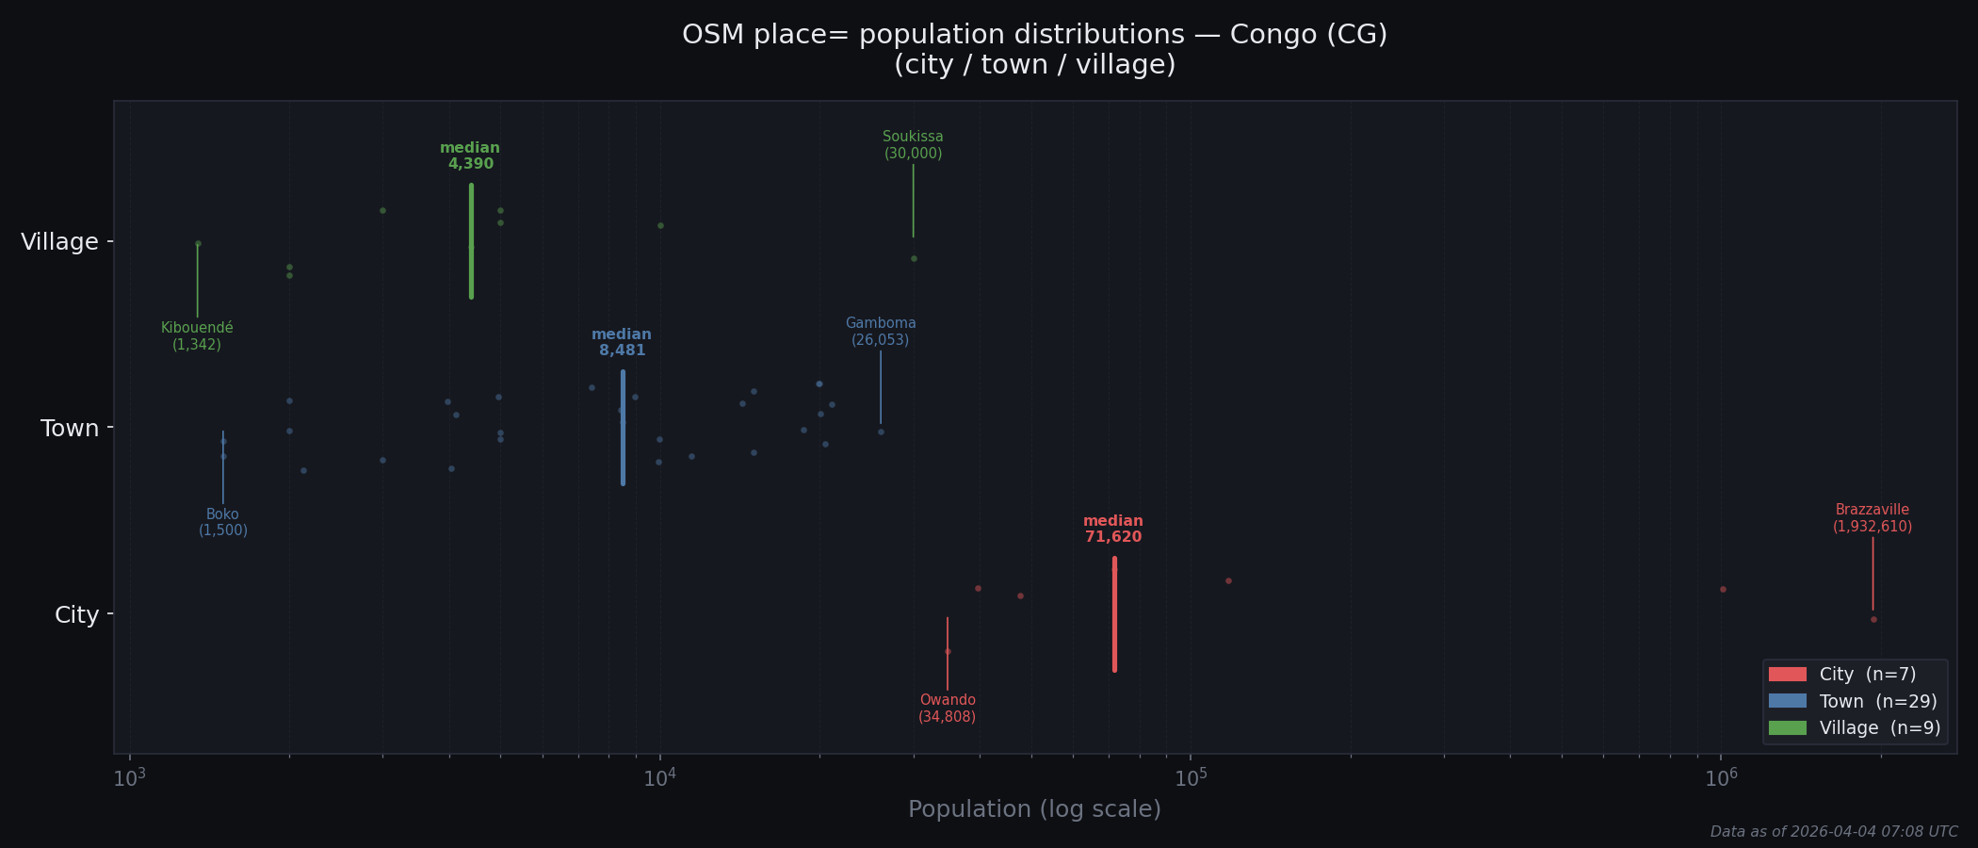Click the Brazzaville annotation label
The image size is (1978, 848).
point(1872,518)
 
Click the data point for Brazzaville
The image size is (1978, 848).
point(1873,619)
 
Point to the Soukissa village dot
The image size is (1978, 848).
point(914,258)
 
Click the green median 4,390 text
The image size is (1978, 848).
point(470,156)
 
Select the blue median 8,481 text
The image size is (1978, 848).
point(622,343)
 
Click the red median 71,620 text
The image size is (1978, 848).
point(1112,530)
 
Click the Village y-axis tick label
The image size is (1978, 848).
point(59,242)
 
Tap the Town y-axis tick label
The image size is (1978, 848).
point(69,429)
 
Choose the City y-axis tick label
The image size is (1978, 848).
point(76,615)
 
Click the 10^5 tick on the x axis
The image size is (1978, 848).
point(1191,777)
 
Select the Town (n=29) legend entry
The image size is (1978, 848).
point(1877,702)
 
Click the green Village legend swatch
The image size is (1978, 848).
point(1787,728)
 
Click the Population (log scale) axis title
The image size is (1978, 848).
point(1034,809)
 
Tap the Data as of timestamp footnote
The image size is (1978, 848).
point(1833,832)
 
